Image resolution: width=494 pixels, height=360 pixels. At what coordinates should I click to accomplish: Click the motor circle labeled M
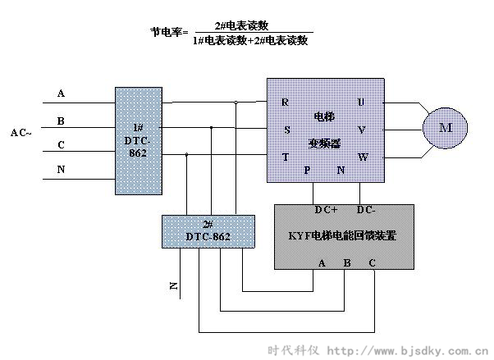point(446,128)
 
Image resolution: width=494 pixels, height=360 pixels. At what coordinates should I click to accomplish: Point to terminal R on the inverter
point(286,103)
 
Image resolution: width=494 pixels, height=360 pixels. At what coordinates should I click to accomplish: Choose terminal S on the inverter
point(286,130)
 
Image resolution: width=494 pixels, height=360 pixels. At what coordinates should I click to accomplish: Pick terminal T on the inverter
point(285,156)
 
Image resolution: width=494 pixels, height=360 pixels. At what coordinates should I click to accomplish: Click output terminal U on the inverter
point(361,103)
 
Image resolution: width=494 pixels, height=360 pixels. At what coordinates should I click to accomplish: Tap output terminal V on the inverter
point(361,130)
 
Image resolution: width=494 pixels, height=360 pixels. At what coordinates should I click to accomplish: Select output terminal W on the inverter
point(362,156)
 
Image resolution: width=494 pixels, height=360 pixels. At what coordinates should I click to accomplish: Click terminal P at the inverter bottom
point(307,171)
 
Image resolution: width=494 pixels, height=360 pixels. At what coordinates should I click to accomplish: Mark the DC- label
point(366,210)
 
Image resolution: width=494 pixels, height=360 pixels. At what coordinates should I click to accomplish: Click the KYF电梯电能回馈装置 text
point(343,236)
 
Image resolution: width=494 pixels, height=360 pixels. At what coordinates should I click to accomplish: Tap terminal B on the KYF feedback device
point(346,262)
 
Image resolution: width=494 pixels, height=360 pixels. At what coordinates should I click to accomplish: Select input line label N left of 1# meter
point(61,170)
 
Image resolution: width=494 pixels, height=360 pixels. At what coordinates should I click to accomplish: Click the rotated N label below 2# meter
point(173,285)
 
